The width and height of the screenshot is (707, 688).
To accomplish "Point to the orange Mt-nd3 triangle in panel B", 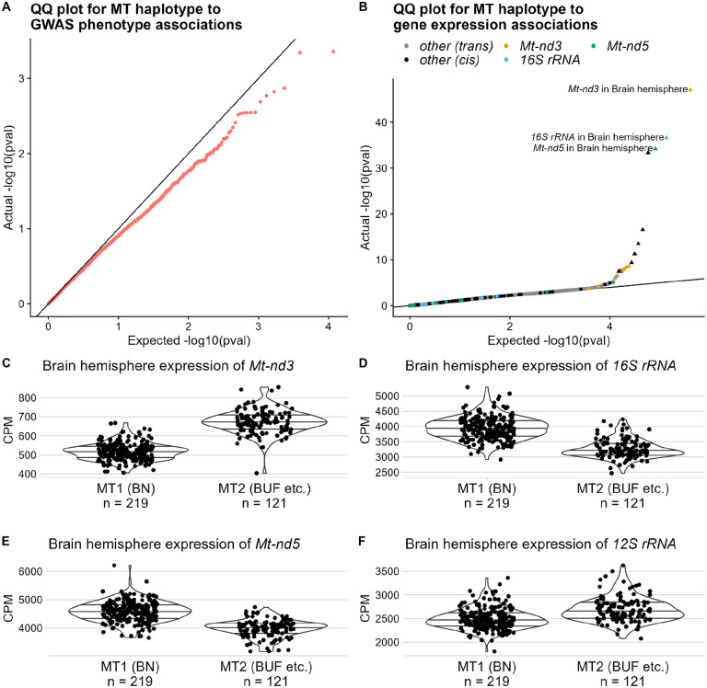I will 690,89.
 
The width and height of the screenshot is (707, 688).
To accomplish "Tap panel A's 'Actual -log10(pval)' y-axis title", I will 9,175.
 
